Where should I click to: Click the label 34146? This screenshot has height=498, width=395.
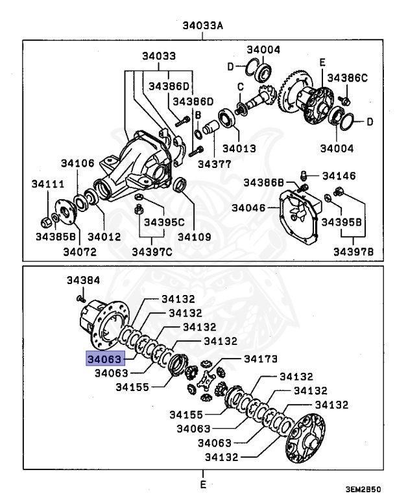339,175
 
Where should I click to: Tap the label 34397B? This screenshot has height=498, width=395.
353,251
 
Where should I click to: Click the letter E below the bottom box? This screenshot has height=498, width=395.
202,484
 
